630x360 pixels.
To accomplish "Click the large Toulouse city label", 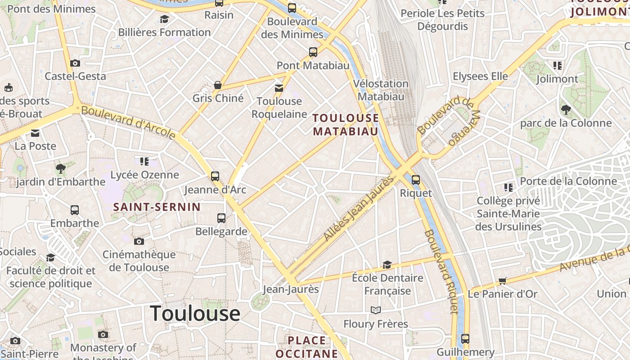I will (195, 313).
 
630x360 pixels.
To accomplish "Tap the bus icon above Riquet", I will (416, 180).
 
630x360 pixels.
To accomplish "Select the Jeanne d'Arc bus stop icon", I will (215, 176).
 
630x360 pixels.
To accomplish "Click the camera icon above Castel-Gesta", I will (75, 63).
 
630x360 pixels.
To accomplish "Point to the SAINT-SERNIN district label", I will (157, 207).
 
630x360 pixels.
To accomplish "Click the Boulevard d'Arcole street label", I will (129, 122).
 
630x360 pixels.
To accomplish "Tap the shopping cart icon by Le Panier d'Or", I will (503, 281).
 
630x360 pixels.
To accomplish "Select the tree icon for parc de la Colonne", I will (566, 109).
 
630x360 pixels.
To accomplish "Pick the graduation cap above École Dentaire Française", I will (387, 265).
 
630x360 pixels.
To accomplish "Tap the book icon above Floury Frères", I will (375, 310).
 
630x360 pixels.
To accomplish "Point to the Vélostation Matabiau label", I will (381, 90).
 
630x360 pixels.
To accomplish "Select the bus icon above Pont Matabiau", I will (313, 52).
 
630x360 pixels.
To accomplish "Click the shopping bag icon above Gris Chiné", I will (218, 85).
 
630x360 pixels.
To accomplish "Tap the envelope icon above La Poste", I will (35, 133).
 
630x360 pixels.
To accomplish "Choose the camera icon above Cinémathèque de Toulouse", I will (139, 242).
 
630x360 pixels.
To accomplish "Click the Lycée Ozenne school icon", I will (144, 161).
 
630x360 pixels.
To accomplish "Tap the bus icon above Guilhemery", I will (465, 339).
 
